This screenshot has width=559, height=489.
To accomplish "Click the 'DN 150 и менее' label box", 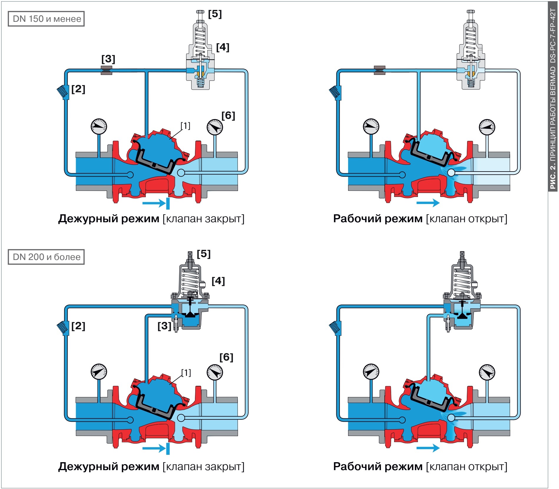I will pos(46,19).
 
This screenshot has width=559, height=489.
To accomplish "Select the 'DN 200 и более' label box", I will pos(46,257).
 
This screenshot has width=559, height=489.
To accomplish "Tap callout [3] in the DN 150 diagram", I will pos(108,59).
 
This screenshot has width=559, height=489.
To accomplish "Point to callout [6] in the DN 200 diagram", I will pos(226,357).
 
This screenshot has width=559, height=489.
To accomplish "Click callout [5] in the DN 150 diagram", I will pos(215,14).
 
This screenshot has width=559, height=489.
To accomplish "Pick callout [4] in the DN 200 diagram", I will pos(218,281).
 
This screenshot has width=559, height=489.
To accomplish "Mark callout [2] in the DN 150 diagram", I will pos(78,89).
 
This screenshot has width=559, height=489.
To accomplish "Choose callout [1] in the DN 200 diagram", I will pos(186,373).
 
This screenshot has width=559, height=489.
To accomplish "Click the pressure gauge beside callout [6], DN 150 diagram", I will pos(215,127).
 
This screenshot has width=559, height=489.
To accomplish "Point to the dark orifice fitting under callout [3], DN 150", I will pos(106,70).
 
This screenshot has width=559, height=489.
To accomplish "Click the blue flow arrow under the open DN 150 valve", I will pos(428,203).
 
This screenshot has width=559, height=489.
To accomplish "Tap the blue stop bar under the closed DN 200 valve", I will pos(168,448).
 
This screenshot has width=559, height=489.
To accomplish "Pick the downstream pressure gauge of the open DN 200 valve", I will pos(487,372).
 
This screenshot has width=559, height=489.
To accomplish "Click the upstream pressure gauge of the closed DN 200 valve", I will pos(99,372).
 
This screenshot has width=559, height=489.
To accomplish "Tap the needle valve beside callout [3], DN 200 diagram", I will pos(176,323).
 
